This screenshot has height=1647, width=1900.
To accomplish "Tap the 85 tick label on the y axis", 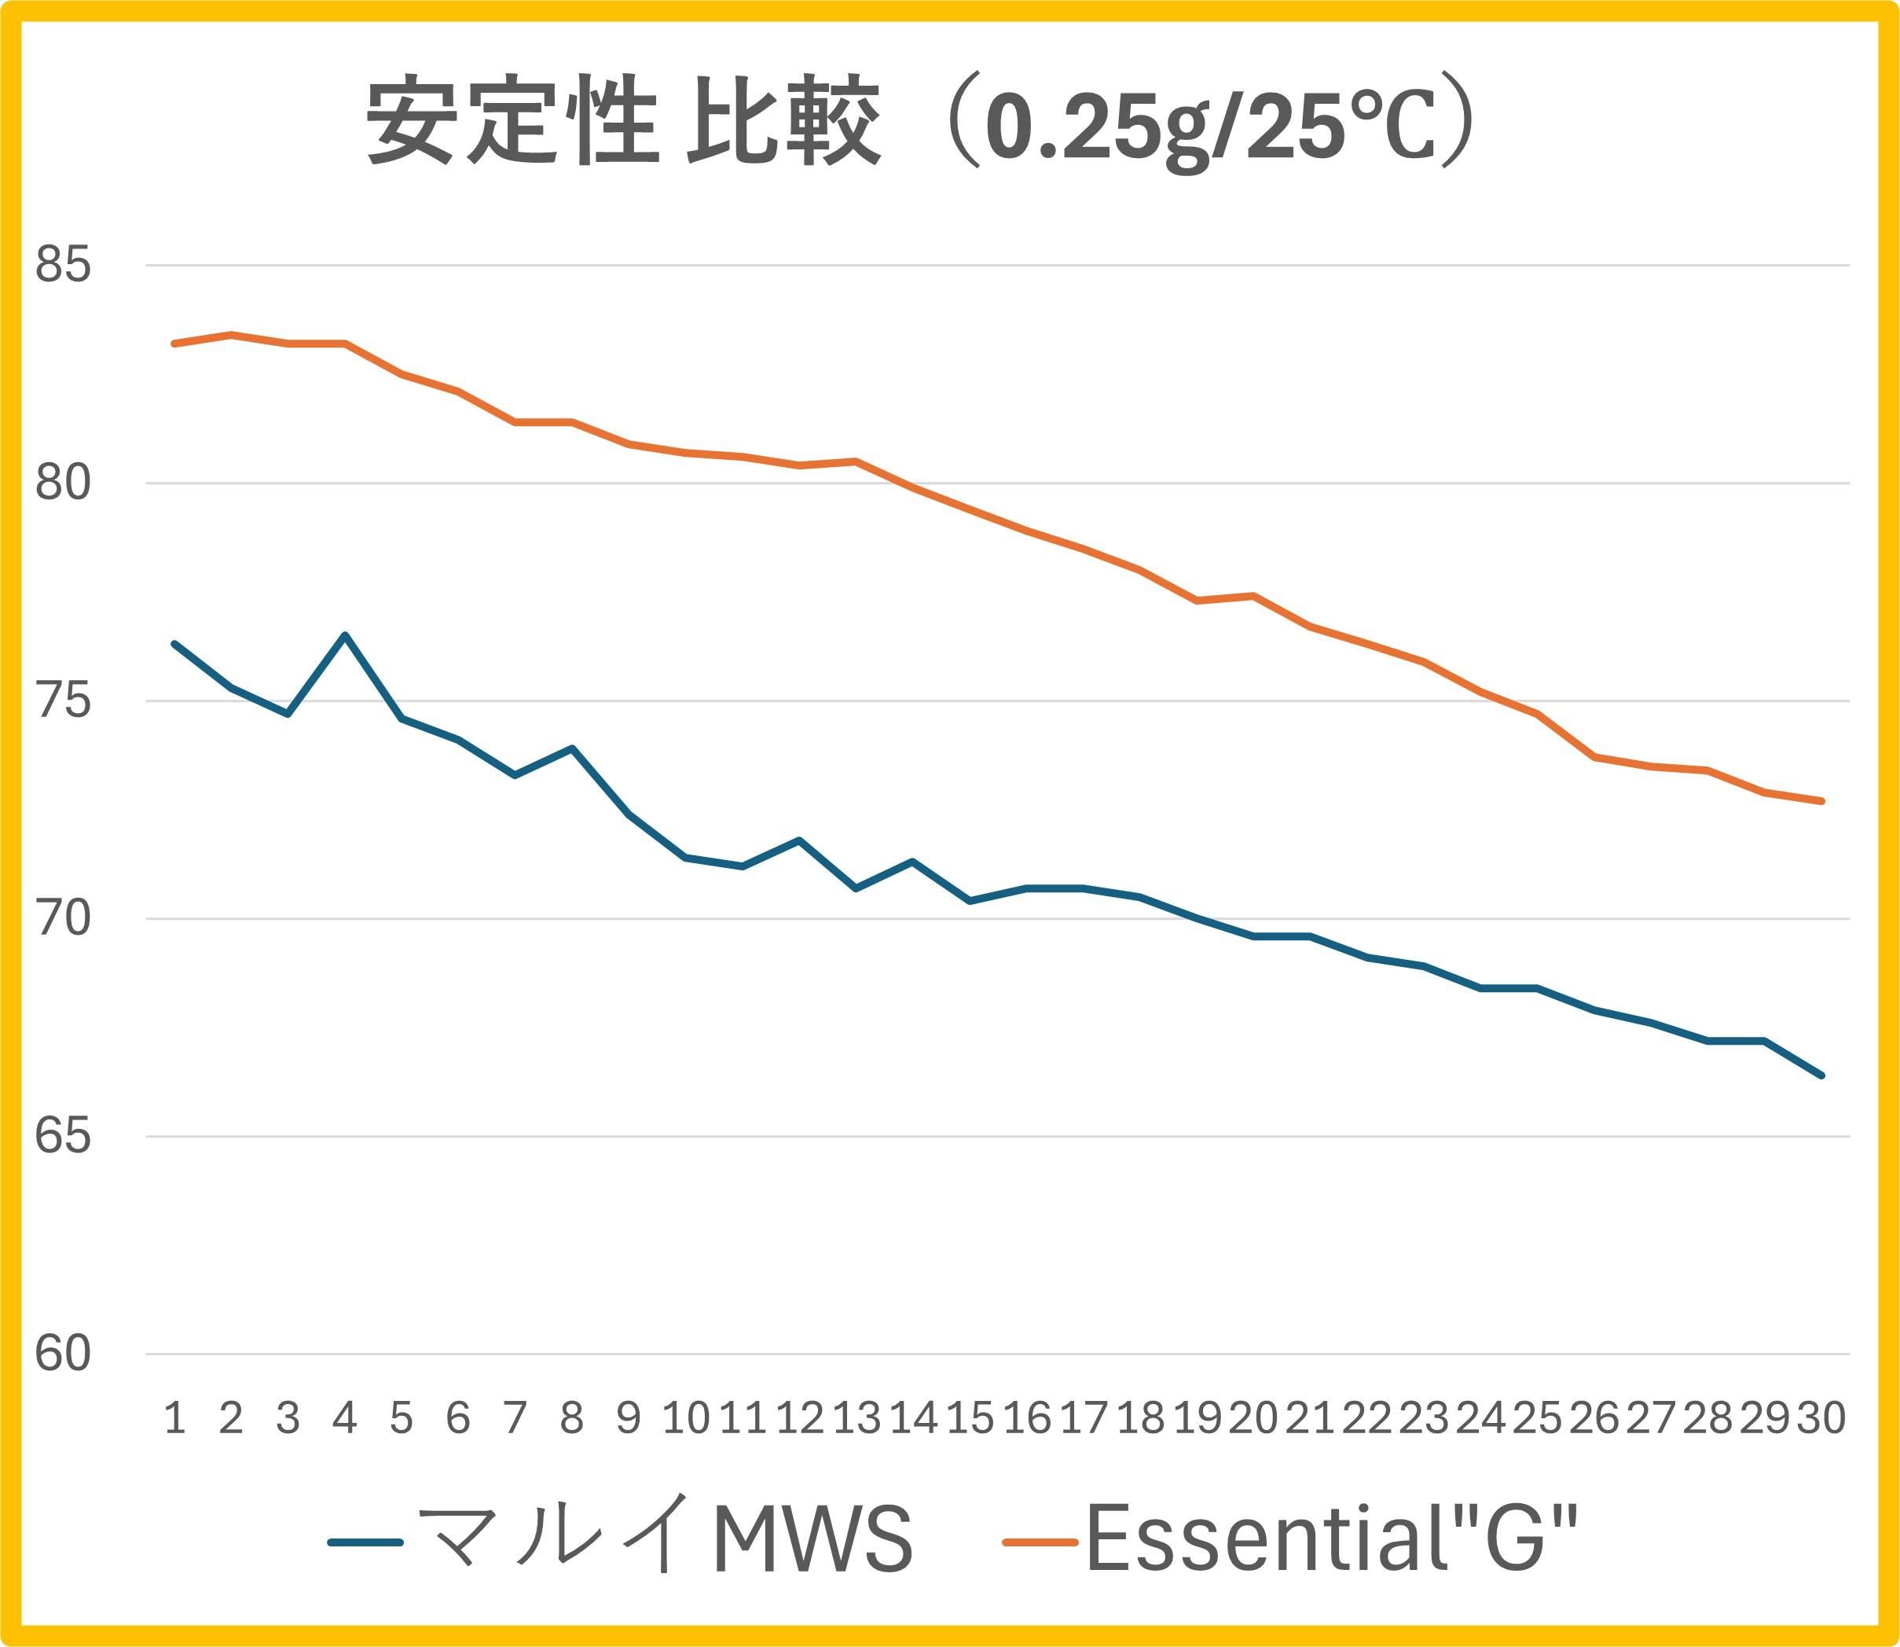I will tap(64, 265).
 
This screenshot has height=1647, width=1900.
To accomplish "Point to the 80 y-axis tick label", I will tap(64, 483).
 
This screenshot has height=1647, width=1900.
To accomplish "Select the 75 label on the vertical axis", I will tap(64, 700).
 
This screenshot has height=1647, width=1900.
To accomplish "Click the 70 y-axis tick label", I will tap(64, 918).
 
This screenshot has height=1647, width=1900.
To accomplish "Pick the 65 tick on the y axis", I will tap(64, 1136).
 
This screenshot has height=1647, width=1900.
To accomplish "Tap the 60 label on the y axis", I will tap(64, 1353).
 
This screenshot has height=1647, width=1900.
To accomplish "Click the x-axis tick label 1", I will tap(174, 1418).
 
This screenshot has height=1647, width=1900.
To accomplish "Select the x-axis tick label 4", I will tap(344, 1418).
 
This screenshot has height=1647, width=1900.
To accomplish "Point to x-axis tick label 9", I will tap(629, 1418).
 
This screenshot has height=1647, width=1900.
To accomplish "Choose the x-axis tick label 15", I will tap(970, 1418).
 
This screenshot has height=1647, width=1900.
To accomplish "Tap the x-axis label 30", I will tap(1821, 1418).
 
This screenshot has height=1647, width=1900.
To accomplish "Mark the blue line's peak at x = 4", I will tap(344, 635).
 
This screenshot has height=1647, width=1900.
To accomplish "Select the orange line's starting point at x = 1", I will tap(174, 344).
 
